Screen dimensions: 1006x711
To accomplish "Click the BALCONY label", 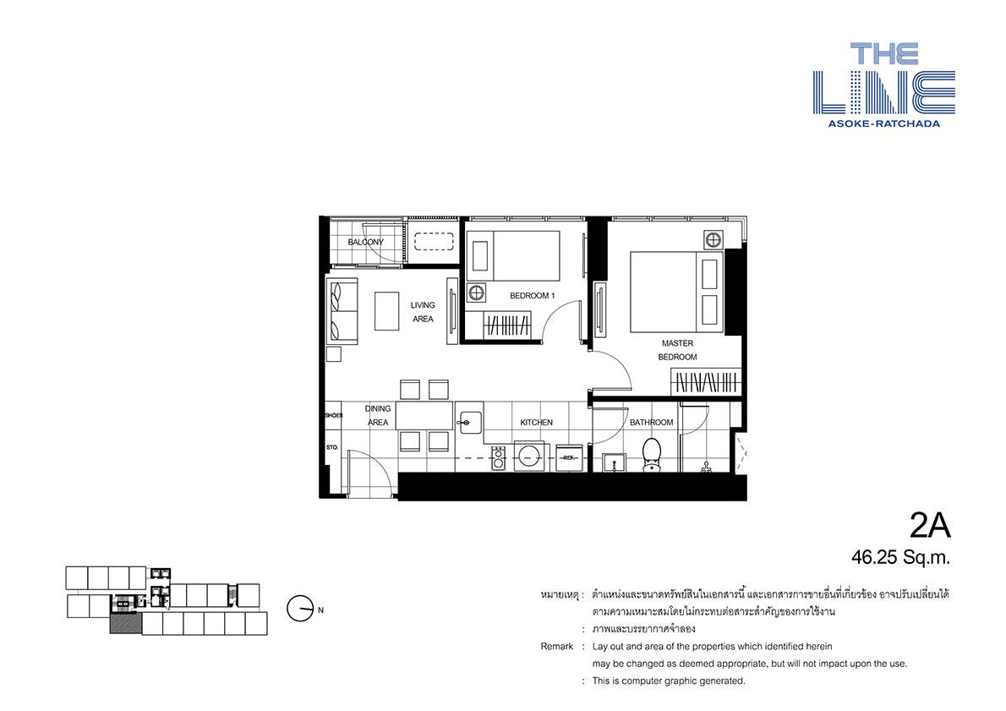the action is (x=366, y=242).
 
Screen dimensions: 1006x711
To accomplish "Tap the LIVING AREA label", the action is (x=423, y=312).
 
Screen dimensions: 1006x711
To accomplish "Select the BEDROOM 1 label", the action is (x=532, y=296).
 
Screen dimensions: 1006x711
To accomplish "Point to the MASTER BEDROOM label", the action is (x=677, y=350).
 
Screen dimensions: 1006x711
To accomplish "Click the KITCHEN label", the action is (x=536, y=422).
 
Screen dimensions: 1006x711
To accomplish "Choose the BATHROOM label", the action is (x=651, y=422).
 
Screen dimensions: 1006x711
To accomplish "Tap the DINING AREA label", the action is (x=378, y=415).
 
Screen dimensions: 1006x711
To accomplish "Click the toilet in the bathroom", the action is (x=652, y=455).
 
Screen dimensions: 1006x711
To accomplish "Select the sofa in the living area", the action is (x=342, y=310).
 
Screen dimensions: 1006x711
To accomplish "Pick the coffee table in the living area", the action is (x=387, y=311).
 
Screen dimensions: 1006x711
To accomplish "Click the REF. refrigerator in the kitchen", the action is (x=568, y=457).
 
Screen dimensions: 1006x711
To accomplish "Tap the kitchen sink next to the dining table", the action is (x=470, y=418).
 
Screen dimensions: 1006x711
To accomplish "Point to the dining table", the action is (x=424, y=416).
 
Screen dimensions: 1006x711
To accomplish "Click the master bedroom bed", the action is (x=677, y=292).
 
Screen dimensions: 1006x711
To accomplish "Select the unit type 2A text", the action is (x=930, y=527).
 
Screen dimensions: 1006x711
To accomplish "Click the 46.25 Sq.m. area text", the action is (x=901, y=557).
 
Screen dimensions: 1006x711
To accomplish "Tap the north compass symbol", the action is (x=300, y=609).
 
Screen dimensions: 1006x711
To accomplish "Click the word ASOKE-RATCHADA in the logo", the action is (x=883, y=123).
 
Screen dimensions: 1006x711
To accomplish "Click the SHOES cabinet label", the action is (x=334, y=415).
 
